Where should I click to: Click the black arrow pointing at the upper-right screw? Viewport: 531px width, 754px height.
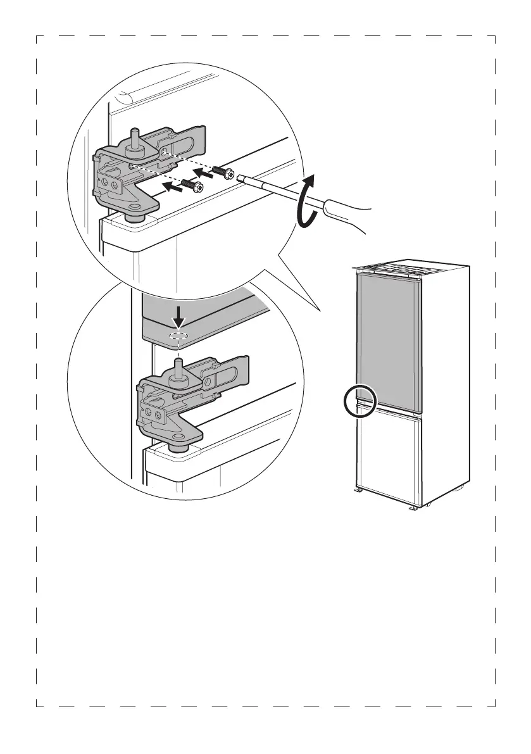click(x=203, y=172)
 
